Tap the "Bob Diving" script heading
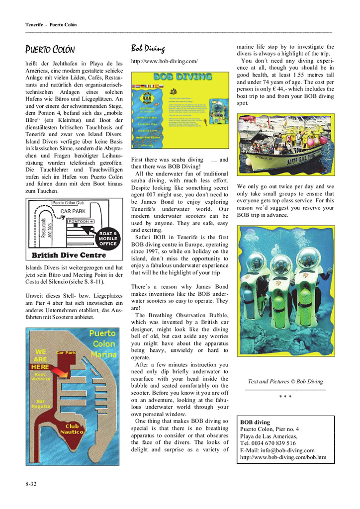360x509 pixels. click(148, 48)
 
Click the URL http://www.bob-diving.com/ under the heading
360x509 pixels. click(164, 62)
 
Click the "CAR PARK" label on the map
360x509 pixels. click(73, 211)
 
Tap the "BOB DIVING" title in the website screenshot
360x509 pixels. click(182, 77)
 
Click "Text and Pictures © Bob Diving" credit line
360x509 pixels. click(285, 382)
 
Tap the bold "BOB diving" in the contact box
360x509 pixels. click(255, 422)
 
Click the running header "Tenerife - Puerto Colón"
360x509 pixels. click(51, 24)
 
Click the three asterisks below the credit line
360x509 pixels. click(285, 396)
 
